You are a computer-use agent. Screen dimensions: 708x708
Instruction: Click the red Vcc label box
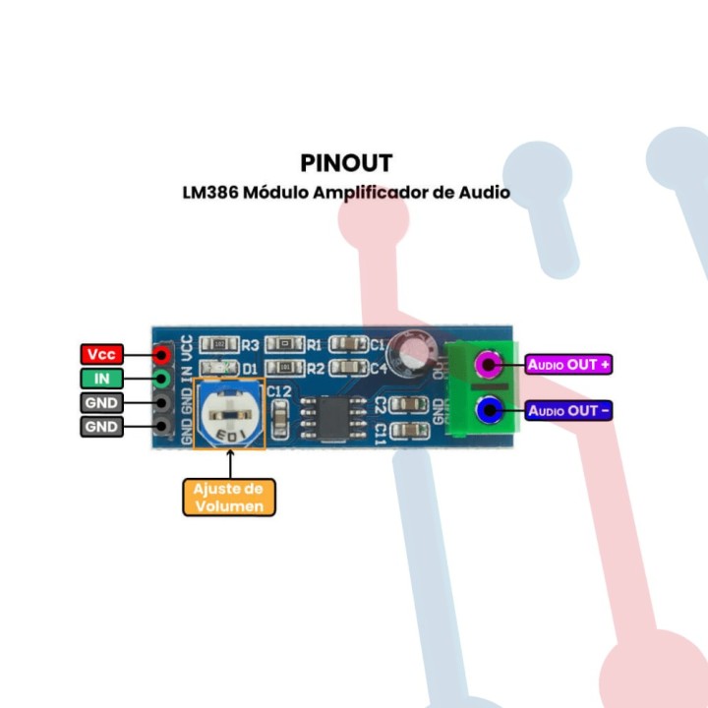pyautogui.click(x=101, y=355)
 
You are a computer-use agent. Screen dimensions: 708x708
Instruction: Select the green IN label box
pyautogui.click(x=101, y=379)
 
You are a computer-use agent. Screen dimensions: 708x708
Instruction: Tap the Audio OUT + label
pyautogui.click(x=569, y=365)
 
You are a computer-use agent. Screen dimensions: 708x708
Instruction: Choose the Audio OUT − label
pyautogui.click(x=569, y=410)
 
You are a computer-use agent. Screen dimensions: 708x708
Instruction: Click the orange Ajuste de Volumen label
pyautogui.click(x=229, y=498)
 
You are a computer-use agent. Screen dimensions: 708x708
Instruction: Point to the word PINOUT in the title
pyautogui.click(x=346, y=162)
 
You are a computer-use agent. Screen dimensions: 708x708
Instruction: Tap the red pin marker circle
pyautogui.click(x=160, y=355)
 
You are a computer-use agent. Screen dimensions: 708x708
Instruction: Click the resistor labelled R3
pyautogui.click(x=218, y=344)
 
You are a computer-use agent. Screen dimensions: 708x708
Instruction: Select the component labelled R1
pyautogui.click(x=286, y=344)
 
